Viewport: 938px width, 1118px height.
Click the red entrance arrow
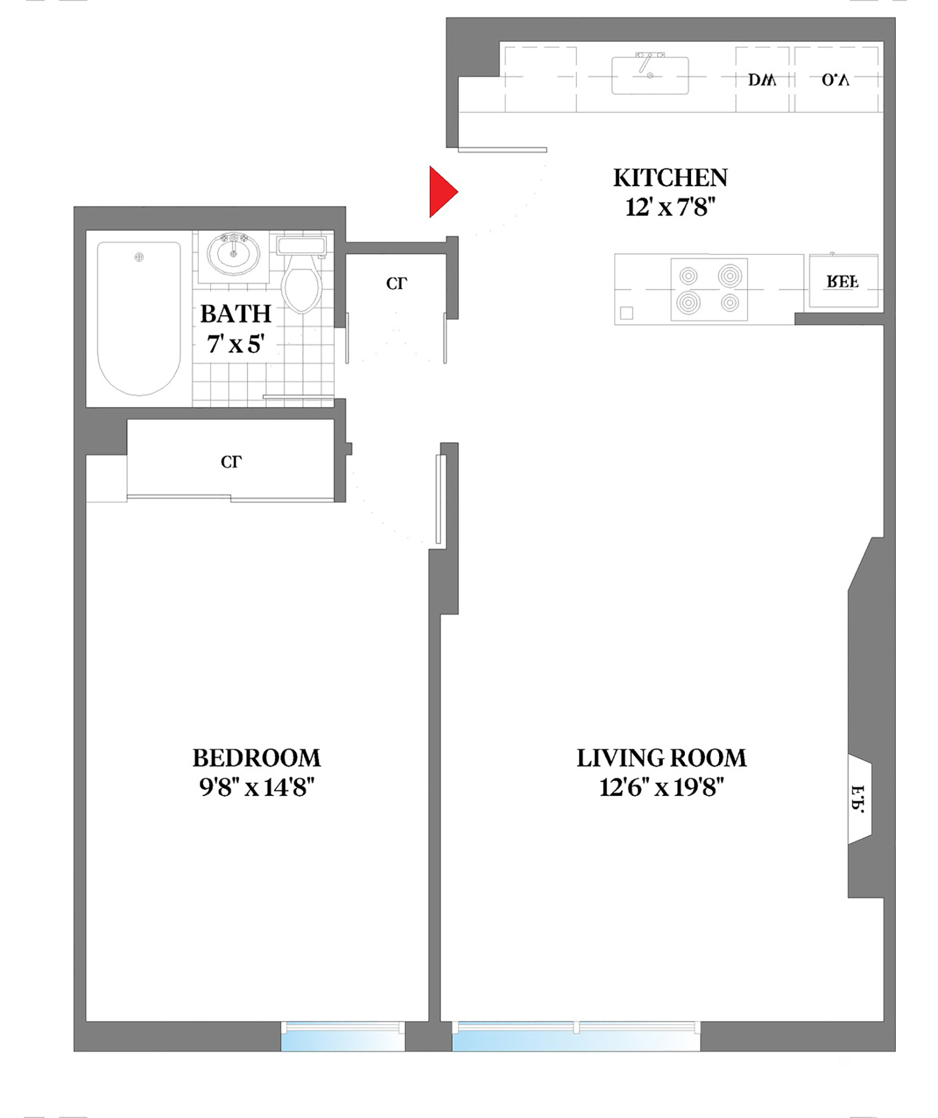coord(442,192)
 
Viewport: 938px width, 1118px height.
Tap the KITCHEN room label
coord(670,178)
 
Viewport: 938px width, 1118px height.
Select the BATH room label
coord(236,314)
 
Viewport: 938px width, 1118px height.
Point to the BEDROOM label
coord(256,758)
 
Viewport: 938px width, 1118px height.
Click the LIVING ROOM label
coord(661,758)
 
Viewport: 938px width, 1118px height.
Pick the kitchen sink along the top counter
coord(650,75)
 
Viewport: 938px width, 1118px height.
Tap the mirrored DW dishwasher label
coord(762,80)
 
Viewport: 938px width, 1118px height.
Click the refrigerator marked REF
coord(842,281)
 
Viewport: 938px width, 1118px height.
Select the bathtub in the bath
coord(139,318)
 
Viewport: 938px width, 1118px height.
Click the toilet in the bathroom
coord(302,281)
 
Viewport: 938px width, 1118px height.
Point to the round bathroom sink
coord(234,253)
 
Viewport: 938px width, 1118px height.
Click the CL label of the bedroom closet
coord(231,462)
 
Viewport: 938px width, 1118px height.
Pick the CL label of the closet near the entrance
coord(396,283)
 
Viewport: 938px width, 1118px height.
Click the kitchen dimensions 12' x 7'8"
coord(670,208)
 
